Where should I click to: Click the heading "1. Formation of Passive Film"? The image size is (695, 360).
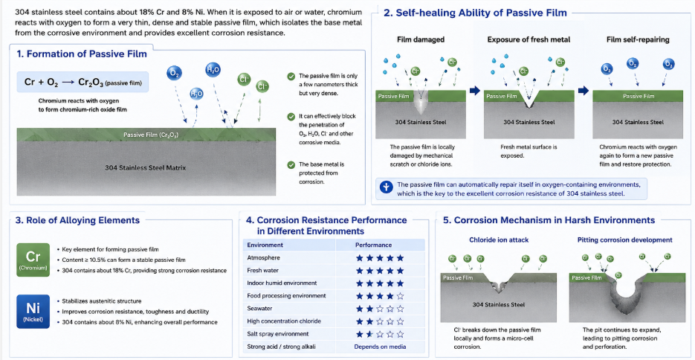click(x=82, y=54)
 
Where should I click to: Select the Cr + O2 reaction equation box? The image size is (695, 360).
click(x=83, y=82)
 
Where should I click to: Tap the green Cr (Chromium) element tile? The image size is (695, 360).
click(x=33, y=260)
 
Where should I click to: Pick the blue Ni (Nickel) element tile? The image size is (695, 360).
click(x=33, y=312)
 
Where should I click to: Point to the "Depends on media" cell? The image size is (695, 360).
click(x=380, y=347)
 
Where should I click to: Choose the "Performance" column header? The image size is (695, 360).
click(x=374, y=245)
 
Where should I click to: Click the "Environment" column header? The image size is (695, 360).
click(x=265, y=245)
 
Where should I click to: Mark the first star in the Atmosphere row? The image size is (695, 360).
click(x=360, y=257)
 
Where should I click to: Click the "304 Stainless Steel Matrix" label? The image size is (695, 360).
click(x=145, y=168)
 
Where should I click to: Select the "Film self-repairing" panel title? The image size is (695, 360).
click(x=638, y=40)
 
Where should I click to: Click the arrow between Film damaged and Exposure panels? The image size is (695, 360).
click(x=475, y=91)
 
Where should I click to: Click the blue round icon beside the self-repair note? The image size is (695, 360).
click(x=387, y=188)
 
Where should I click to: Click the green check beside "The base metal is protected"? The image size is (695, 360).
click(x=291, y=165)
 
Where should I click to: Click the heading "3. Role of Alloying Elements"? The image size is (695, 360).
click(x=78, y=220)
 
